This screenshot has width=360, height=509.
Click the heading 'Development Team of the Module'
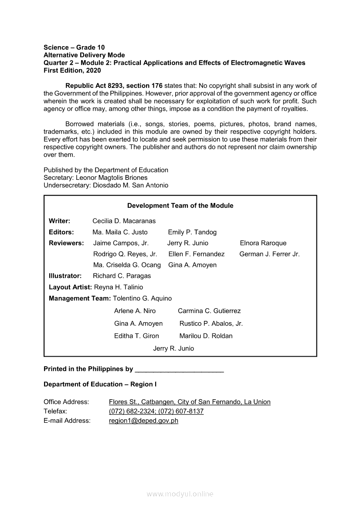click(180, 206)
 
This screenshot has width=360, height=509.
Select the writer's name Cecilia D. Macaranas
click(124, 221)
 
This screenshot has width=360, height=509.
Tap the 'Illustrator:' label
click(65, 276)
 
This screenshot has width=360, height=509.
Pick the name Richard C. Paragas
click(122, 276)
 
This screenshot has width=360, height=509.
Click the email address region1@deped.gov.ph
click(143, 421)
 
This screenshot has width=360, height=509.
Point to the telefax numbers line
click(156, 411)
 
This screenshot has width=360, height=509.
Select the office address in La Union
click(190, 402)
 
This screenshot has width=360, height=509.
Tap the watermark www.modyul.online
click(180, 494)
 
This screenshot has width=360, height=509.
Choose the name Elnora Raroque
click(263, 243)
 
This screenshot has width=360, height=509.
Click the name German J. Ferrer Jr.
click(269, 254)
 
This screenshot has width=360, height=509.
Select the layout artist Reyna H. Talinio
click(119, 287)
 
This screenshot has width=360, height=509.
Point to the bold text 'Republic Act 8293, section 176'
click(114, 86)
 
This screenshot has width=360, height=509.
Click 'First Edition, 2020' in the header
click(72, 71)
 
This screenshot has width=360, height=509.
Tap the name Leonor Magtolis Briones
click(112, 178)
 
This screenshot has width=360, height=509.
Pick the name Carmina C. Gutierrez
click(209, 311)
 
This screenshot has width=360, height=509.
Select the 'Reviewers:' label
click(66, 243)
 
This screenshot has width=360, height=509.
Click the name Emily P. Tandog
click(192, 232)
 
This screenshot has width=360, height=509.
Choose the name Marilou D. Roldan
click(206, 336)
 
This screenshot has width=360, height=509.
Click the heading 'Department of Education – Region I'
click(100, 384)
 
